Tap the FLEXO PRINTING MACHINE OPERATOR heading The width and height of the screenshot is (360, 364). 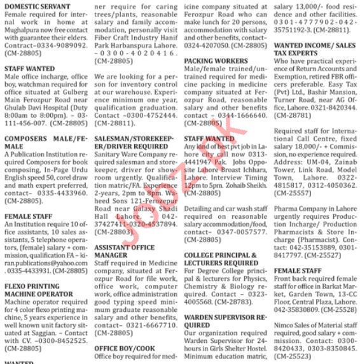click(x=39, y=290)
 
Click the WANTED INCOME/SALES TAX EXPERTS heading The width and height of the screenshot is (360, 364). click(x=314, y=51)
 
